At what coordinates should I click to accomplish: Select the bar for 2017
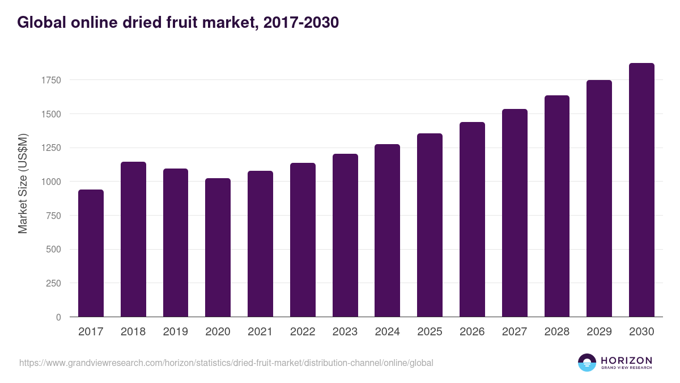pyautogui.click(x=91, y=253)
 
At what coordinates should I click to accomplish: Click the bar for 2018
pyautogui.click(x=133, y=239)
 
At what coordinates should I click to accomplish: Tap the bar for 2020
pyautogui.click(x=218, y=247)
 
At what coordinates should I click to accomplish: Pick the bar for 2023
pyautogui.click(x=345, y=235)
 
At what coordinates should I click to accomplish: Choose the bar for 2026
pyautogui.click(x=472, y=220)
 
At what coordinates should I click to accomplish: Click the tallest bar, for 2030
pyautogui.click(x=641, y=190)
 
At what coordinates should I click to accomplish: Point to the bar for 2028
pyautogui.click(x=557, y=206)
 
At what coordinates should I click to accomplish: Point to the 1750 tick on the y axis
pyautogui.click(x=50, y=80)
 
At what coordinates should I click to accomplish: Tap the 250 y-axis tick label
pyautogui.click(x=53, y=283)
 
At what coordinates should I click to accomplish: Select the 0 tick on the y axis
pyautogui.click(x=58, y=317)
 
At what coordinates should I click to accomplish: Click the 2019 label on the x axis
pyautogui.click(x=176, y=332)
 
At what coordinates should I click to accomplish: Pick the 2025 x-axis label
pyautogui.click(x=430, y=332)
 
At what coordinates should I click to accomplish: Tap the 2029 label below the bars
pyautogui.click(x=599, y=332)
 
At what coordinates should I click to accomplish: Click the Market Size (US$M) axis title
pyautogui.click(x=23, y=184)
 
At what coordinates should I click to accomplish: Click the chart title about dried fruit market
pyautogui.click(x=178, y=23)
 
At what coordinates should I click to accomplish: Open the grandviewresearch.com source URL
pyautogui.click(x=226, y=363)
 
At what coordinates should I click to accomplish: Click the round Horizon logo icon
pyautogui.click(x=587, y=363)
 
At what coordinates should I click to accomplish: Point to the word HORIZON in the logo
pyautogui.click(x=626, y=360)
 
